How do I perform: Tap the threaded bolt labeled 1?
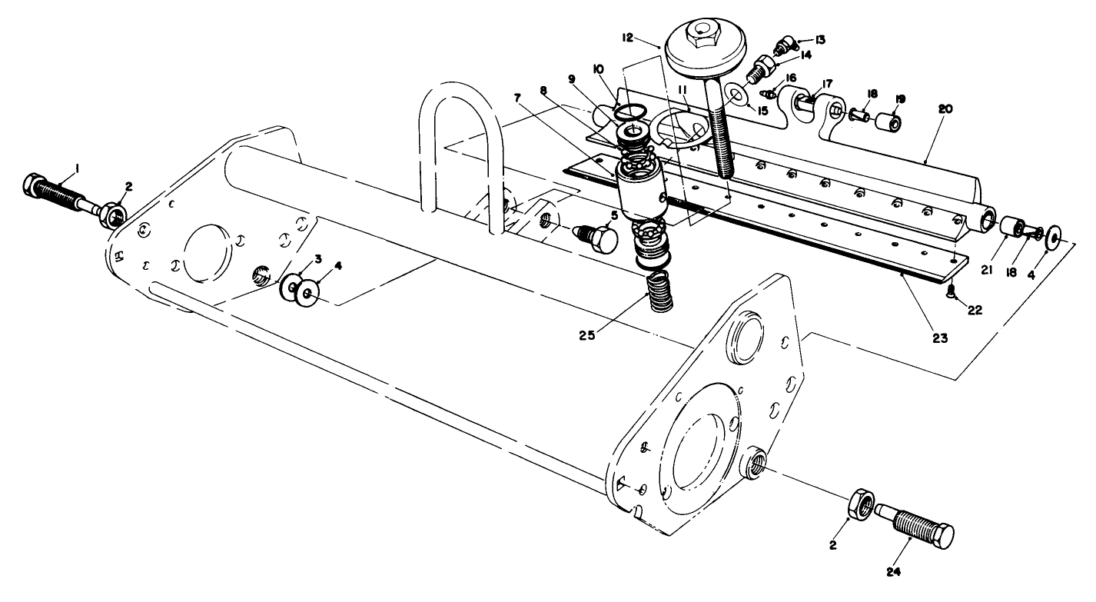54,194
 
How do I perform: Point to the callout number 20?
945,109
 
